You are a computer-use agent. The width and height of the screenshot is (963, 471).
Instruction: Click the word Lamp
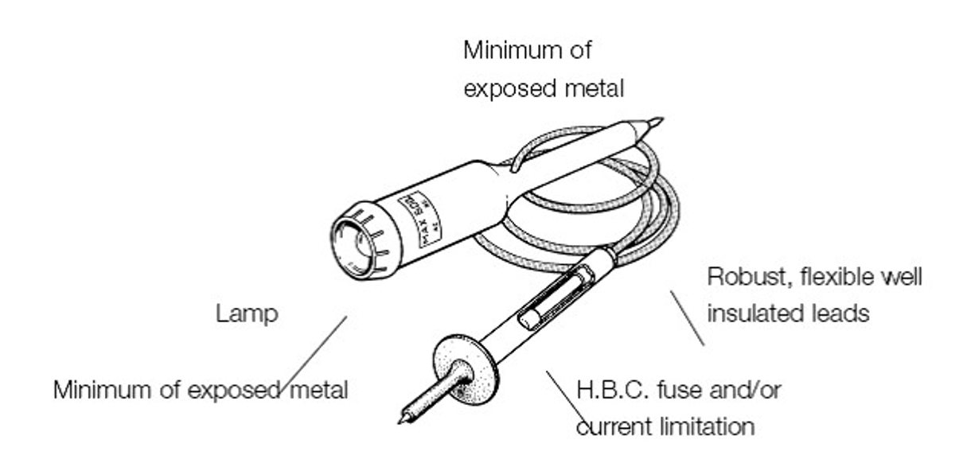pos(247,313)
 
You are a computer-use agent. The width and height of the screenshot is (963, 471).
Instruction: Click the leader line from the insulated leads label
pos(688,317)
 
